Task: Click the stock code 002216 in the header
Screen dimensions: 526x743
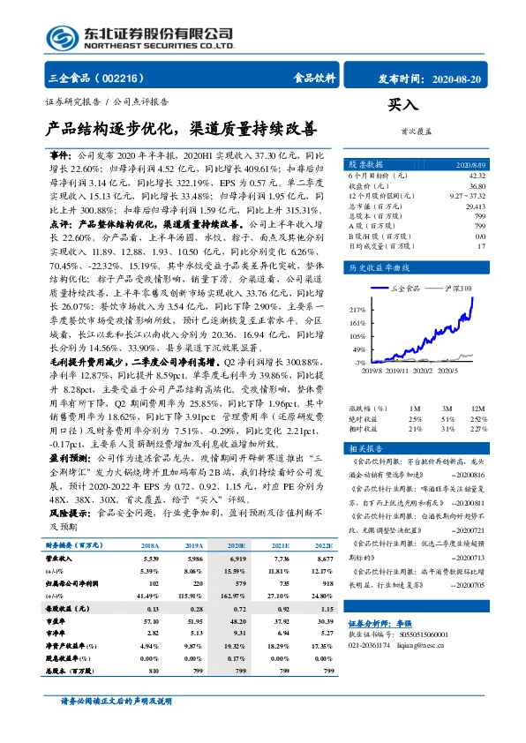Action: tap(124, 78)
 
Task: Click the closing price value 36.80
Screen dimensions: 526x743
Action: tap(477, 187)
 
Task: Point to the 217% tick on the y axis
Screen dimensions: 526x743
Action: tap(357, 310)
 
